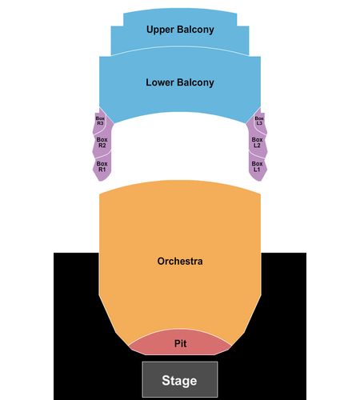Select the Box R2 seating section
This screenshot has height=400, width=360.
(x=102, y=142)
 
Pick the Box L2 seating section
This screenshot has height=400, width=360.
(x=258, y=142)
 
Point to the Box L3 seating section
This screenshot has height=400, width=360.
(x=259, y=122)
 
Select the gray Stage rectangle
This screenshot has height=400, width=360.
(x=180, y=379)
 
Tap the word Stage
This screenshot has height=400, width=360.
(x=179, y=381)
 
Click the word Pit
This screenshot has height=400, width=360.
(x=181, y=343)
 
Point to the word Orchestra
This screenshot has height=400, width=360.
(x=180, y=261)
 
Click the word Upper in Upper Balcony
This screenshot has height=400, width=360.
(x=158, y=30)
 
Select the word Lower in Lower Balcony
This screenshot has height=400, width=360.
(x=158, y=82)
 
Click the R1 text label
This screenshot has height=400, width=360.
(x=102, y=170)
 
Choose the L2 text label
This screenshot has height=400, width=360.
(x=257, y=146)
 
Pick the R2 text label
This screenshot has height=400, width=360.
(x=102, y=146)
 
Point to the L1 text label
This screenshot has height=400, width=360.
(x=257, y=170)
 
